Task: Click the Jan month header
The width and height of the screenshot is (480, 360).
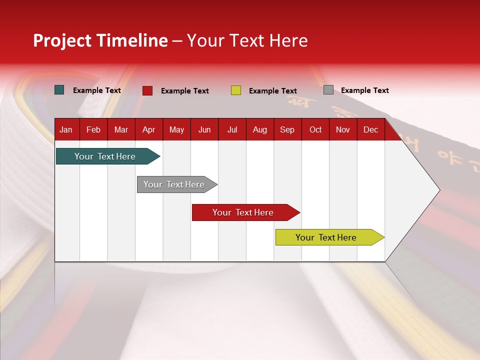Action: [66, 129]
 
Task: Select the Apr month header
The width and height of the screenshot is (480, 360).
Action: [148, 129]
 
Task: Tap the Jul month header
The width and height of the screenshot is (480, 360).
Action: [232, 129]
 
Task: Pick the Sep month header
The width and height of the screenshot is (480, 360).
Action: [287, 129]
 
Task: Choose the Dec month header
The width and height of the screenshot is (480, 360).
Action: [370, 129]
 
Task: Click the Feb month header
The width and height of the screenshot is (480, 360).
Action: [93, 129]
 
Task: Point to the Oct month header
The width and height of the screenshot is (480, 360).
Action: [315, 129]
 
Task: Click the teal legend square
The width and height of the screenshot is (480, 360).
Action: [59, 90]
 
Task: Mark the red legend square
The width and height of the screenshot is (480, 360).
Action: [147, 90]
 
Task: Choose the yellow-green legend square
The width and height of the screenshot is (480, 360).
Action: [236, 90]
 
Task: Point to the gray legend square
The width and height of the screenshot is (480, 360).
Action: [328, 90]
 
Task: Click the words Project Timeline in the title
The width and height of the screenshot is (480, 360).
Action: [100, 40]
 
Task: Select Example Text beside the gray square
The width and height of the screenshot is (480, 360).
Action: [364, 90]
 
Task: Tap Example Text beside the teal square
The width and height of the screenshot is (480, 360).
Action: [96, 90]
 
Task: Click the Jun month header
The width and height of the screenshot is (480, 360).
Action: [204, 129]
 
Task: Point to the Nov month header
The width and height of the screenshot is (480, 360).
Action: [343, 129]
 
